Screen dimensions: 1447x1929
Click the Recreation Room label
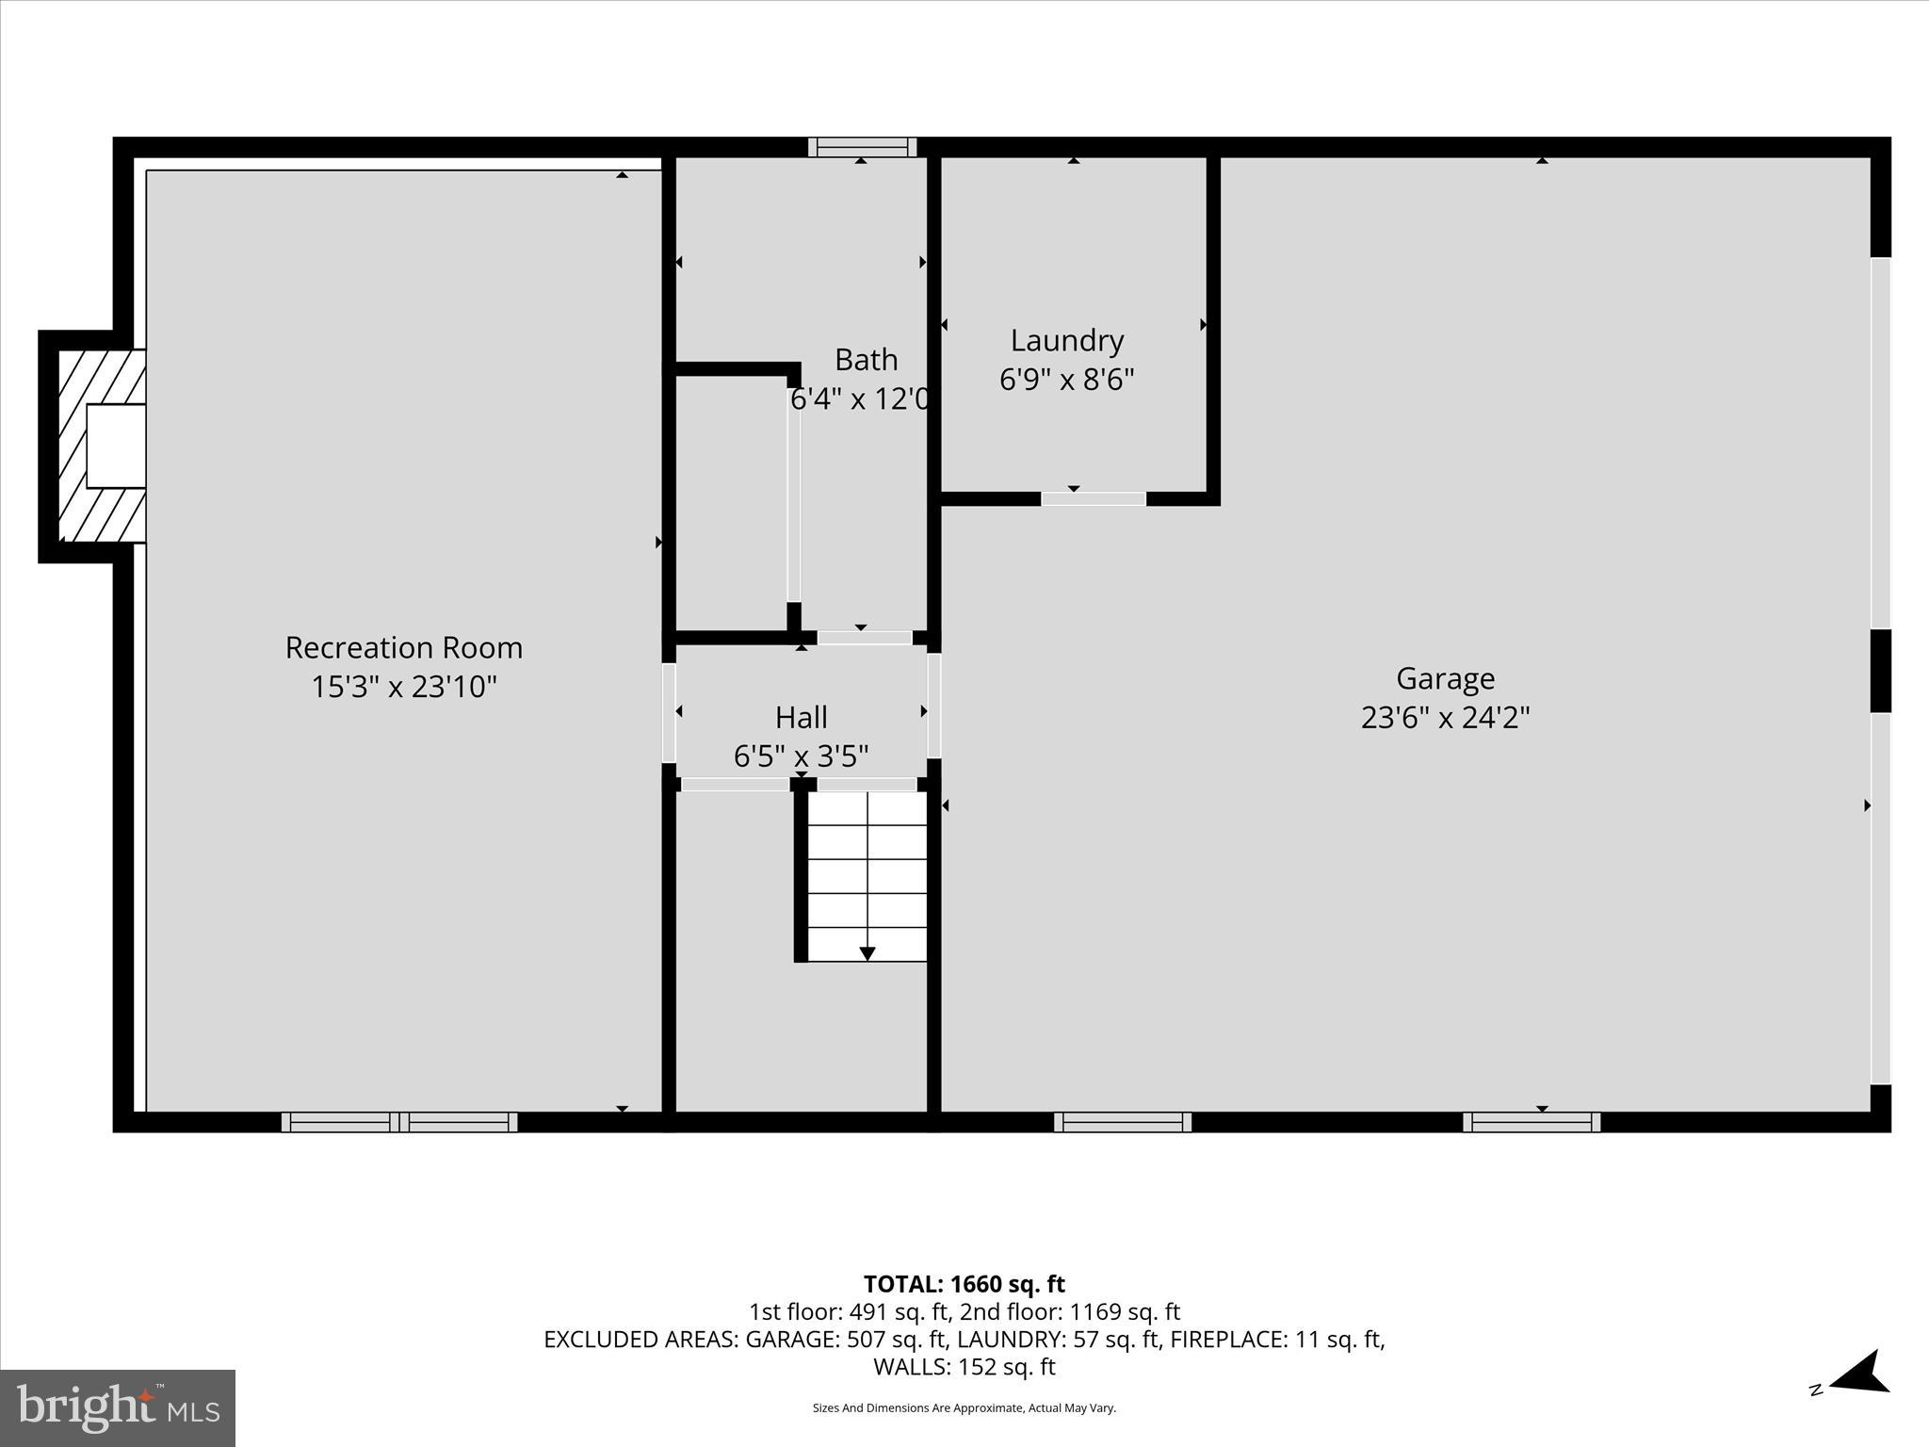point(403,648)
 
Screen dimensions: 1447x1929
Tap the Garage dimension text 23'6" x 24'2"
point(1445,719)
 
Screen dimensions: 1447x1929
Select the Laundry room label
point(1066,340)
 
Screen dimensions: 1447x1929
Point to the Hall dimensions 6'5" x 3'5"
point(801,756)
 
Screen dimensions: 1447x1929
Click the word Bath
point(866,360)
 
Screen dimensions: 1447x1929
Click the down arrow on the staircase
point(867,953)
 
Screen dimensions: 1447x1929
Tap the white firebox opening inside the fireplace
point(116,446)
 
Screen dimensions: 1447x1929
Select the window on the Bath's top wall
point(862,147)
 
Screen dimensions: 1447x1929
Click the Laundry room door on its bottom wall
point(1093,498)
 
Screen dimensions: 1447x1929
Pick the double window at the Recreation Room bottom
point(399,1121)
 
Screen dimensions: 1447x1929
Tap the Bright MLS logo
point(118,1407)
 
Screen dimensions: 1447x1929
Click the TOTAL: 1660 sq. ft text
point(964,1284)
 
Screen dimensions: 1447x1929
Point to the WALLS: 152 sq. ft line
point(964,1367)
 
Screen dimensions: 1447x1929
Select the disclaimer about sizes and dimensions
point(964,1408)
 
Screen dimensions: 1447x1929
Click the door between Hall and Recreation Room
point(669,713)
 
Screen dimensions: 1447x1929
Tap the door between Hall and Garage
point(933,707)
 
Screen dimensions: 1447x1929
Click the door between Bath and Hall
point(864,638)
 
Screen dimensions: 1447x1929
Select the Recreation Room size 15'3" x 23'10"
point(403,687)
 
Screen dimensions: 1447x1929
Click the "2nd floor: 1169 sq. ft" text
point(1069,1311)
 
